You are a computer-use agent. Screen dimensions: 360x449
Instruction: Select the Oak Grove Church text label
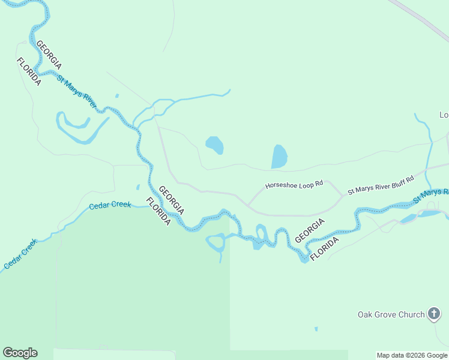coord(391,314)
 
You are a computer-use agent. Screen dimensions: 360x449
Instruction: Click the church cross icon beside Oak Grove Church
coord(434,314)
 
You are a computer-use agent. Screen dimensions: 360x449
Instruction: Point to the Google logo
coord(20,353)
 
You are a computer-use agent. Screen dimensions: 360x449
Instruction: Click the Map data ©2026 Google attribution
coord(412,355)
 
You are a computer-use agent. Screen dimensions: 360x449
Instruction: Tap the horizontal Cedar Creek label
coord(110,205)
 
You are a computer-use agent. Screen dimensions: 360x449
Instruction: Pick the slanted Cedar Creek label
coord(20,254)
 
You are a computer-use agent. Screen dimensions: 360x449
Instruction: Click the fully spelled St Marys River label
coord(77,92)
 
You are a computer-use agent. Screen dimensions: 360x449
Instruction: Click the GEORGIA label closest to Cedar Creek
coord(171,200)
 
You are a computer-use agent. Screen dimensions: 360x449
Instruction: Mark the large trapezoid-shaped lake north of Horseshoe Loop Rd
coord(279,157)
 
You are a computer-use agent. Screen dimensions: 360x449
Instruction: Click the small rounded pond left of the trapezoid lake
coord(214,145)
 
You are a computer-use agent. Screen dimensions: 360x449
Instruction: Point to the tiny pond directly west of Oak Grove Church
coord(316,329)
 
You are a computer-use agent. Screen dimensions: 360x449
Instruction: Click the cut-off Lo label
coord(444,115)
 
